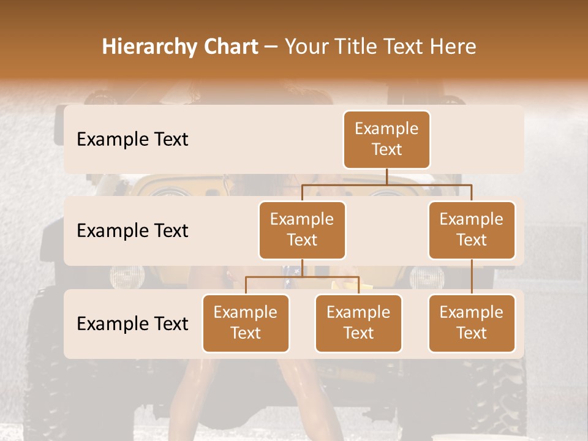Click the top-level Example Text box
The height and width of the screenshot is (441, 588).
click(x=386, y=140)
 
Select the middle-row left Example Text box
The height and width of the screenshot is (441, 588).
click(x=302, y=230)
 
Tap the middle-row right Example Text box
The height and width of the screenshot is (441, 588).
click(x=472, y=230)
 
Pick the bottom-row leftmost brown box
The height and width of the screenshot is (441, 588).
click(x=246, y=323)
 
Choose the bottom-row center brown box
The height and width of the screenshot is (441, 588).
click(x=358, y=323)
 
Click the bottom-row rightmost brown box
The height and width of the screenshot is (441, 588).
click(x=472, y=323)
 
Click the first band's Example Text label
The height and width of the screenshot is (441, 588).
click(x=132, y=140)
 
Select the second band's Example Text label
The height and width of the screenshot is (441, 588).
click(x=132, y=231)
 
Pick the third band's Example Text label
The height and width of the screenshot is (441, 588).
click(x=132, y=323)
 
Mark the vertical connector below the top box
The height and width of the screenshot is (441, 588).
click(x=386, y=176)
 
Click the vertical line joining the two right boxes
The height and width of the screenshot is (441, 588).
click(x=472, y=277)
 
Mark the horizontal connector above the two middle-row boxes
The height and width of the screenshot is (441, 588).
click(x=386, y=184)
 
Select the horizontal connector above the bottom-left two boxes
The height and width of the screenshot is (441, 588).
click(x=302, y=277)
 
